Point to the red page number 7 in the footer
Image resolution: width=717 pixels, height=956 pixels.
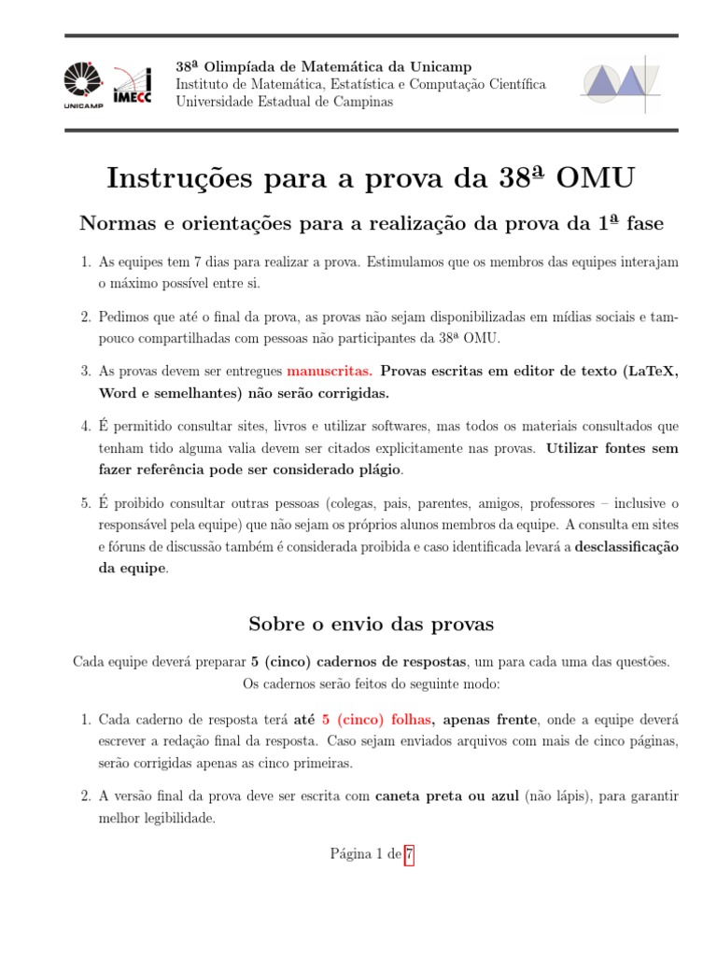(x=409, y=853)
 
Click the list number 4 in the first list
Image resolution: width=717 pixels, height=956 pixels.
(x=85, y=427)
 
